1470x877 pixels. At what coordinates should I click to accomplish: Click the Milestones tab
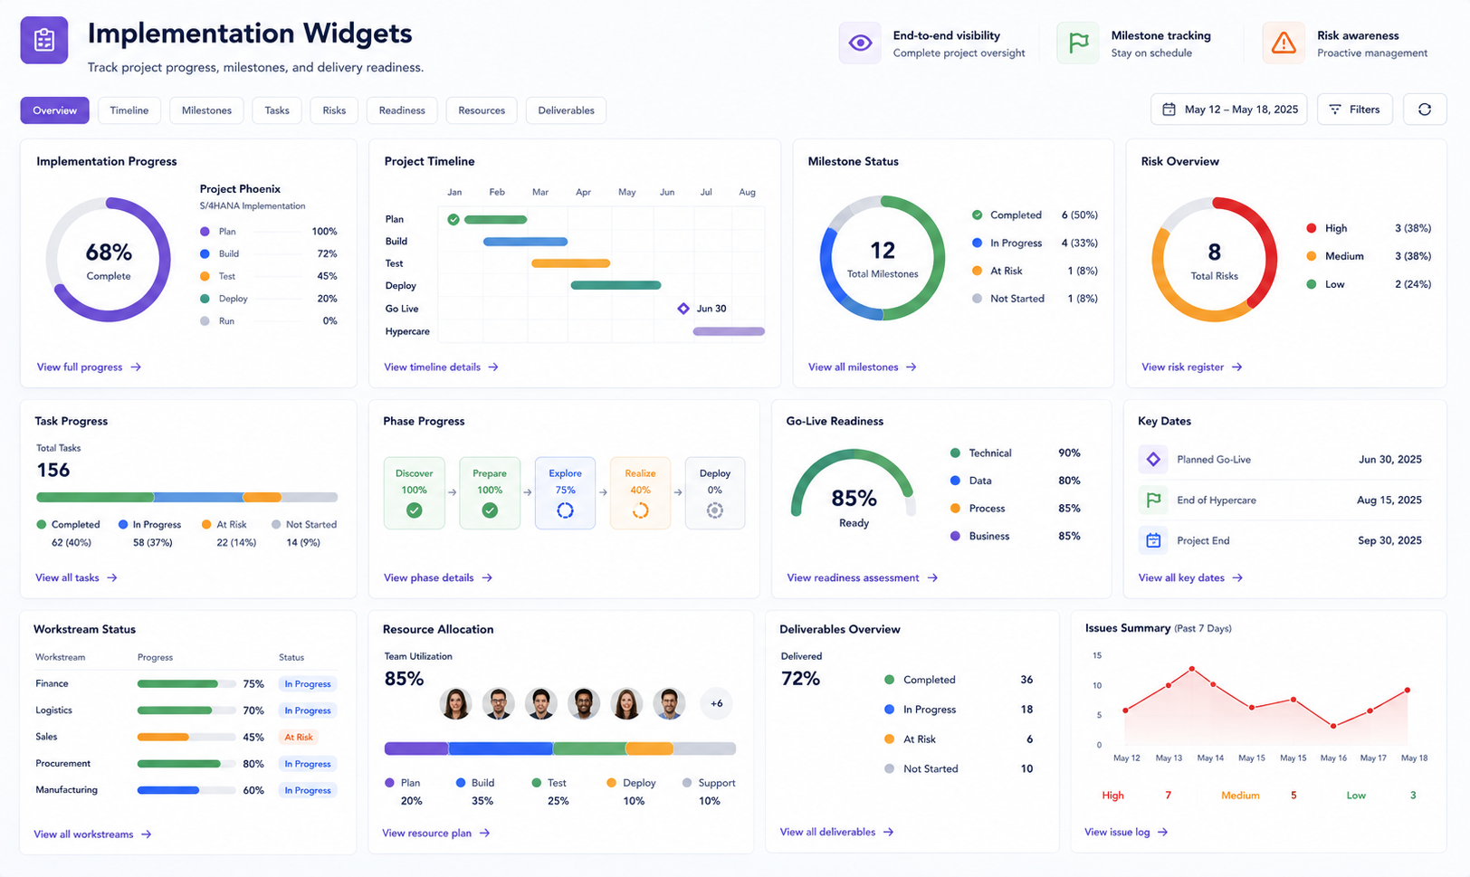206,110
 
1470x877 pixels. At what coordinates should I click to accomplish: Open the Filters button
1354,110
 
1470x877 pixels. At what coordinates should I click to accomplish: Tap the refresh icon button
1425,110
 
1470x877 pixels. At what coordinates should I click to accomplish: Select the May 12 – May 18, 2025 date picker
1228,110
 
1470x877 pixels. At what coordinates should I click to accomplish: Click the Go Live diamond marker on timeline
683,309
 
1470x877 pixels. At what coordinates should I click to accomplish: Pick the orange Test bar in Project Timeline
571,263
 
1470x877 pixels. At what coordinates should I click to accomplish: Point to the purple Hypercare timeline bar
729,332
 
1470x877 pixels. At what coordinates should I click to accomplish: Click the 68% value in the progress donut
109,252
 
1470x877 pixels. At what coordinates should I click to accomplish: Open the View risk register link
1191,367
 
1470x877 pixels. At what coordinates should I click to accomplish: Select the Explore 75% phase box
565,493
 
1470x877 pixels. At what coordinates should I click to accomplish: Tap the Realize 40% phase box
641,493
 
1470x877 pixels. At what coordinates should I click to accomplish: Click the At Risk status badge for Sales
299,738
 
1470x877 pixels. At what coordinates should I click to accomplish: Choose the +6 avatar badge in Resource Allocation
716,704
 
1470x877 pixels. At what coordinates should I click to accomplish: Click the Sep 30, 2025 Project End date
1390,540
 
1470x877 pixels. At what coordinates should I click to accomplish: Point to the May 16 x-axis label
1333,758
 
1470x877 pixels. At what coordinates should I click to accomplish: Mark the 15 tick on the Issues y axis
1097,655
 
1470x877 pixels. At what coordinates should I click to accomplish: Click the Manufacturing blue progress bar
168,790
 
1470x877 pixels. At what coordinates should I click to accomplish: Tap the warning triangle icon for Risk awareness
1284,43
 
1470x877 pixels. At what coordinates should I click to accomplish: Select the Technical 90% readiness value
1069,453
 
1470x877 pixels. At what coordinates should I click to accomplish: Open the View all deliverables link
836,833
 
